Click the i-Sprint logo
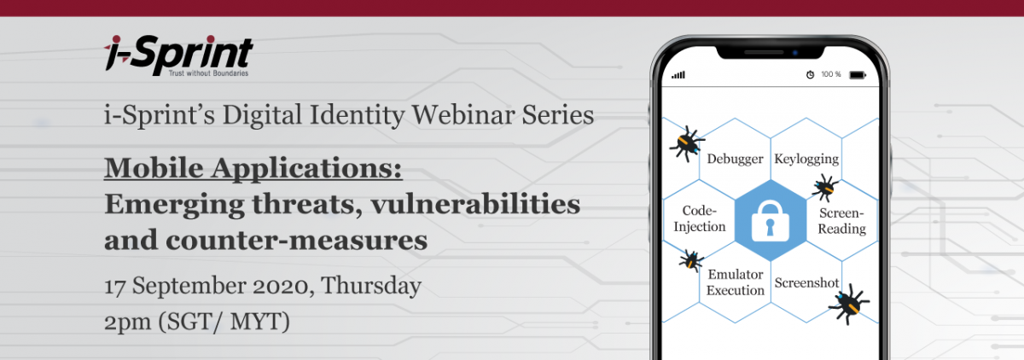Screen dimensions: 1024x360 coord(178,55)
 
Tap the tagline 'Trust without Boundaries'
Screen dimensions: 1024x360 coord(208,73)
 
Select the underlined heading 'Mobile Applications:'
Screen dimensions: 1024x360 coord(253,168)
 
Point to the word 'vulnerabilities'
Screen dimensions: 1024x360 coord(475,204)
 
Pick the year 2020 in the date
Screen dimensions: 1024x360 coord(283,287)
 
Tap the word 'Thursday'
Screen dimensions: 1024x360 coord(370,287)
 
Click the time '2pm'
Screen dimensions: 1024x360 coord(127,322)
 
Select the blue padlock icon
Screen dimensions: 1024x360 coord(771,221)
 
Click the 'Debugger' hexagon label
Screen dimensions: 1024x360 coord(735,159)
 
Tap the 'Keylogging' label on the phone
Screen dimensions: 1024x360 coord(806,159)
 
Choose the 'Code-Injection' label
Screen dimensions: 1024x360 coord(700,218)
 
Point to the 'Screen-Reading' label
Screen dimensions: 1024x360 coord(841,221)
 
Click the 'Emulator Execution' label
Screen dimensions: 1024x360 coord(735,282)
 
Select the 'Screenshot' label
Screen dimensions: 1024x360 coord(806,282)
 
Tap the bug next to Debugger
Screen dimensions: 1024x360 coord(687,143)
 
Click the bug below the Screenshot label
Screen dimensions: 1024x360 coord(849,304)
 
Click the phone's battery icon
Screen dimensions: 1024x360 coord(858,75)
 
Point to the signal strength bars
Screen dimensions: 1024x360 coord(678,75)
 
